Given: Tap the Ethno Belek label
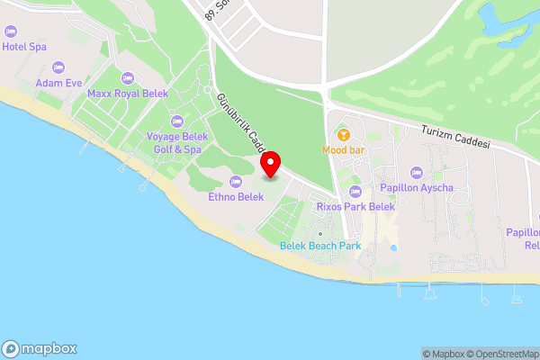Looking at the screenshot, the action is click(235, 197).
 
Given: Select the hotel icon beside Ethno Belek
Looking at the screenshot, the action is click(236, 182).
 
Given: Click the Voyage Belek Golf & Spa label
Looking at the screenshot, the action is click(176, 142).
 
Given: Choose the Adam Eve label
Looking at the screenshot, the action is click(58, 83).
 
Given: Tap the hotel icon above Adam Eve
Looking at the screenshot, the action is click(58, 67).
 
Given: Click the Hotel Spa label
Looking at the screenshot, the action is click(24, 46).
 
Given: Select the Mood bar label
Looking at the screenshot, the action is click(342, 150).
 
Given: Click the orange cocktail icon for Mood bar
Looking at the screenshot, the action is click(342, 135).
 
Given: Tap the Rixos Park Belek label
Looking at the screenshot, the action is click(355, 206).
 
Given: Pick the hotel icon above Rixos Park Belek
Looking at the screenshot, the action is click(355, 191).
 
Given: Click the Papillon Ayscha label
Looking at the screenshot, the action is click(416, 187).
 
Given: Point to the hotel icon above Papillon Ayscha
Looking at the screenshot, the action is click(416, 172).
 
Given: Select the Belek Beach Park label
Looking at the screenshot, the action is click(319, 246).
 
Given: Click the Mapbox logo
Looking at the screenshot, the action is click(40, 349).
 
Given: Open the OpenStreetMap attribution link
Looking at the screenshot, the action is click(504, 354).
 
